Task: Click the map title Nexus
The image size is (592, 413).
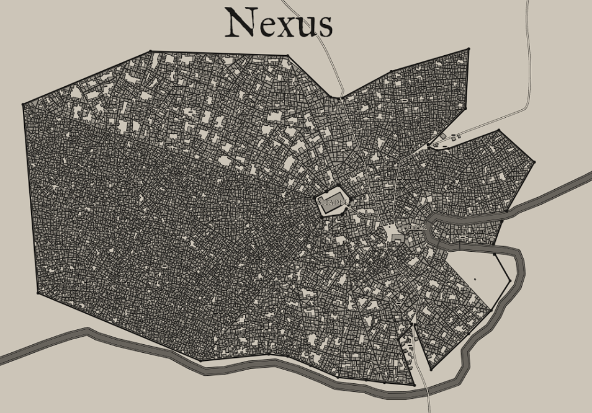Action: click(279, 24)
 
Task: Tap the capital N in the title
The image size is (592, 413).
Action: click(241, 24)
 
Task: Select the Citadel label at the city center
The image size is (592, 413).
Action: click(332, 202)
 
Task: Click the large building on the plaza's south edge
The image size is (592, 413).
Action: click(397, 238)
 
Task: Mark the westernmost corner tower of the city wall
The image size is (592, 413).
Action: click(24, 104)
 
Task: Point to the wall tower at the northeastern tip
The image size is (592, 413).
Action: click(468, 49)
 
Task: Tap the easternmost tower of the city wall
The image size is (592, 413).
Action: click(534, 162)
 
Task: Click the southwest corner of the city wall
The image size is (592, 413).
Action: click(200, 360)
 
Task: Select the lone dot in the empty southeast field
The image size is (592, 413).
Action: click(475, 279)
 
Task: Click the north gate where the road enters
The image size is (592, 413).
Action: click(341, 97)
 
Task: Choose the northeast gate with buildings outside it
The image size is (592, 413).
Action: click(428, 148)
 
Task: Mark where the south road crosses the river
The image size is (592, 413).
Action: click(428, 391)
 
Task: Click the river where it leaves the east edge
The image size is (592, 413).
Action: click(586, 177)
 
